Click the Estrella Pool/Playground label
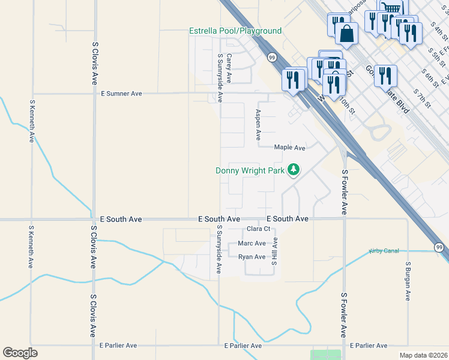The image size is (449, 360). [235, 31]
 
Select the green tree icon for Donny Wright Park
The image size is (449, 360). [294, 170]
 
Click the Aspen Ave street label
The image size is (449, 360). [258, 121]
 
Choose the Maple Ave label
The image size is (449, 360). [290, 148]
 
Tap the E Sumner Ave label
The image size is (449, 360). [121, 94]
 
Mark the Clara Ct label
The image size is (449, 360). [259, 229]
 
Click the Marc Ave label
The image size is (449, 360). [252, 243]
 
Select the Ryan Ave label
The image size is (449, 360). [252, 257]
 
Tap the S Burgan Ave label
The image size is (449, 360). [408, 281]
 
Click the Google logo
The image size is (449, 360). [20, 352]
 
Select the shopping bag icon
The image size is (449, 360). [347, 33]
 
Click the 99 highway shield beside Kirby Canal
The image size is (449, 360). [439, 247]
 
